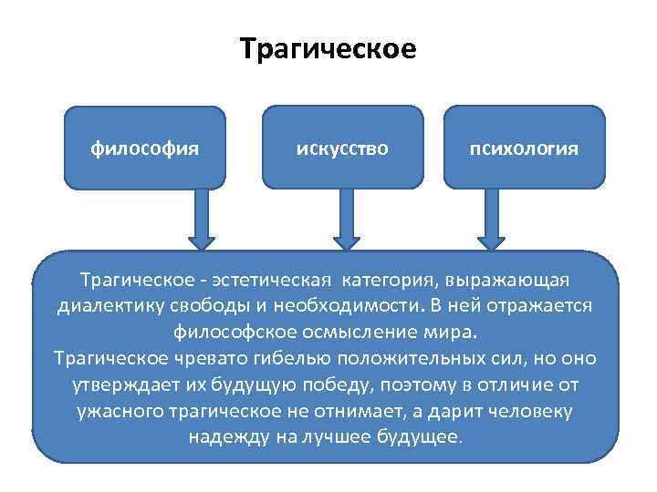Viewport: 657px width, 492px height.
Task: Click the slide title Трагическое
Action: point(328,47)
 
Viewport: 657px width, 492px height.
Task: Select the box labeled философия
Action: point(145,148)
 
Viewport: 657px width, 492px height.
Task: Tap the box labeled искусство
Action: point(342,148)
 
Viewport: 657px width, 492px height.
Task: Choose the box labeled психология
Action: point(524,148)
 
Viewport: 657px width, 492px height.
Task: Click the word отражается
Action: point(542,304)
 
